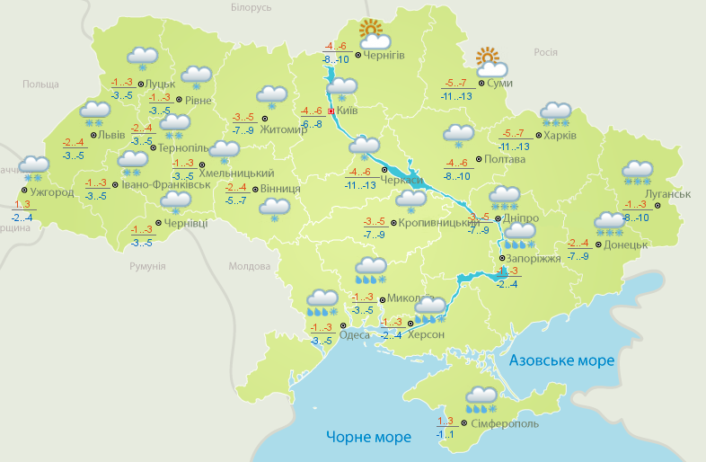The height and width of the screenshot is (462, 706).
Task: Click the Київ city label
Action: pyautogui.click(x=347, y=111)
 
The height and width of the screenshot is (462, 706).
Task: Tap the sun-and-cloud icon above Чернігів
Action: pyautogui.click(x=373, y=35)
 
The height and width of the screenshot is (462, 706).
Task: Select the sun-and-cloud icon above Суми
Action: pyautogui.click(x=491, y=62)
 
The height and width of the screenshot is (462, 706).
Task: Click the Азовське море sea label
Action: pyautogui.click(x=561, y=360)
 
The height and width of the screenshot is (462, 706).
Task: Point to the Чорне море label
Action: pyautogui.click(x=368, y=437)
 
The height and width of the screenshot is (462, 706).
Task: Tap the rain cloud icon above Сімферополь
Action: pyautogui.click(x=481, y=398)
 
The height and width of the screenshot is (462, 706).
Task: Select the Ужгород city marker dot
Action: pyautogui.click(x=23, y=190)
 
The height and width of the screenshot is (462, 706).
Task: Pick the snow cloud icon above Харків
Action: pyautogui.click(x=555, y=114)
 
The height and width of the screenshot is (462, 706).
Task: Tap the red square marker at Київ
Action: pyautogui.click(x=331, y=111)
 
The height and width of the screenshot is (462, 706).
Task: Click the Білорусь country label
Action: pyautogui.click(x=251, y=7)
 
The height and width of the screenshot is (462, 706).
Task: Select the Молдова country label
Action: pyautogui.click(x=249, y=266)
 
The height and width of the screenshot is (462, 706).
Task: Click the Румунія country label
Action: pyautogui.click(x=147, y=266)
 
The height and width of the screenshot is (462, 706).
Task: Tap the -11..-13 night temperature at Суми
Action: pyautogui.click(x=456, y=95)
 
